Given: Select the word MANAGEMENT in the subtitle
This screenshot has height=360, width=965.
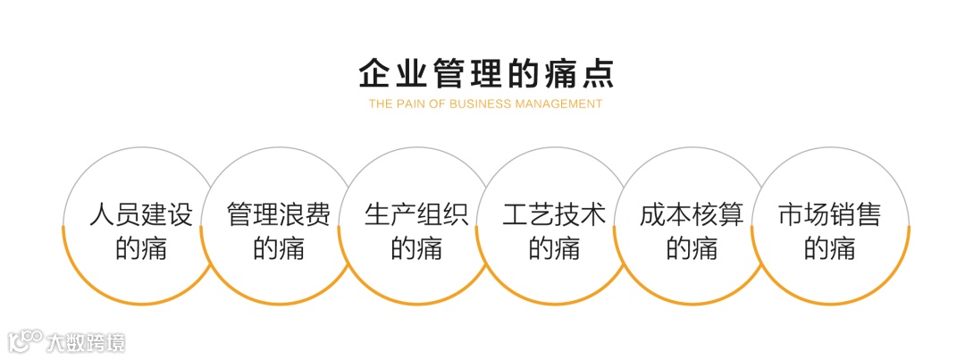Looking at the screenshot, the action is point(558,104).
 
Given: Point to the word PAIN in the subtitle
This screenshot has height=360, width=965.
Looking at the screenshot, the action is point(408,104).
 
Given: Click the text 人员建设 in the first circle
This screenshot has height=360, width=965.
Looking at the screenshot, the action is point(141,215).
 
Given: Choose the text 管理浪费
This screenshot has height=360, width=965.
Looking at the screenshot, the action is point(279,215).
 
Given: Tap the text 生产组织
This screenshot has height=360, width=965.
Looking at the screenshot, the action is point(416,215).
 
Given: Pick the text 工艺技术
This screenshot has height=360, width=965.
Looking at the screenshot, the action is point(554,215).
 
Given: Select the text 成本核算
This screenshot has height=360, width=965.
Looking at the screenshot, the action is point(692,215).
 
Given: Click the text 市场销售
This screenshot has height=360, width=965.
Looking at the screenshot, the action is point(829,215).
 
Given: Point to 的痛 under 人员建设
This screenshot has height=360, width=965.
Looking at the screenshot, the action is point(141,248).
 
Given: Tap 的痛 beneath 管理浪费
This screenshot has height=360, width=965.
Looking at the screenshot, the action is point(279,248).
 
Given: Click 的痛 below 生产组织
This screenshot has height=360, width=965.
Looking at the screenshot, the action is point(416,248).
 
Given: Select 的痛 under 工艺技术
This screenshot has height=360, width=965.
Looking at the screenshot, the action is point(554,248).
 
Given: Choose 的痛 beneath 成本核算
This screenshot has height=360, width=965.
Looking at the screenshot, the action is point(692,248).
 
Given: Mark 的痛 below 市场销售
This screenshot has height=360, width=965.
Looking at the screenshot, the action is point(829,248).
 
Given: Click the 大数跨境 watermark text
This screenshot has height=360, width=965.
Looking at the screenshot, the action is point(86,342).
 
